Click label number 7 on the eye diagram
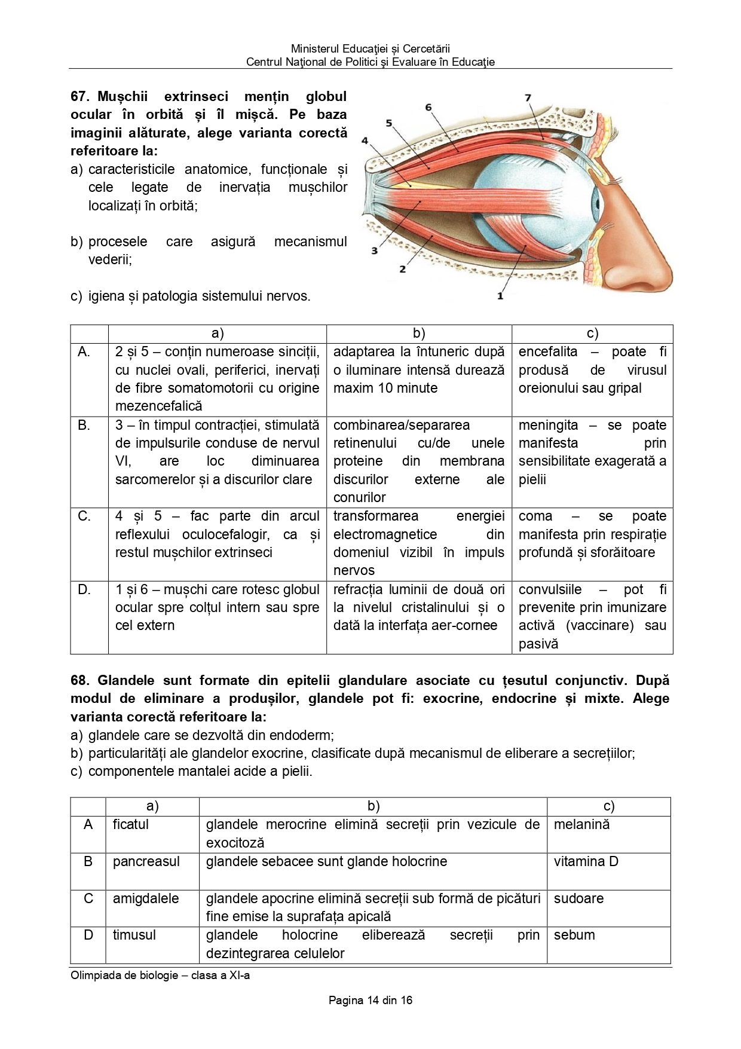pyautogui.click(x=528, y=98)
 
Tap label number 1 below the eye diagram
pyautogui.click(x=500, y=295)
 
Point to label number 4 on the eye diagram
pyautogui.click(x=365, y=141)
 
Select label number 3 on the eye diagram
pyautogui.click(x=374, y=250)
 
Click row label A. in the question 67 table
pyautogui.click(x=84, y=352)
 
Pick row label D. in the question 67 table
pyautogui.click(x=84, y=590)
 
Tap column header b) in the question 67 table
pyautogui.click(x=419, y=334)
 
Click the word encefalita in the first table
pyautogui.click(x=548, y=352)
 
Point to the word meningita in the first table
pyautogui.click(x=548, y=426)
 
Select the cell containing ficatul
pyautogui.click(x=130, y=825)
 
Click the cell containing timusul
pyautogui.click(x=134, y=935)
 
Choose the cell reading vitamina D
pyautogui.click(x=586, y=862)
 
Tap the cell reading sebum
pyautogui.click(x=574, y=935)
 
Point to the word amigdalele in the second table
pyautogui.click(x=145, y=899)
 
